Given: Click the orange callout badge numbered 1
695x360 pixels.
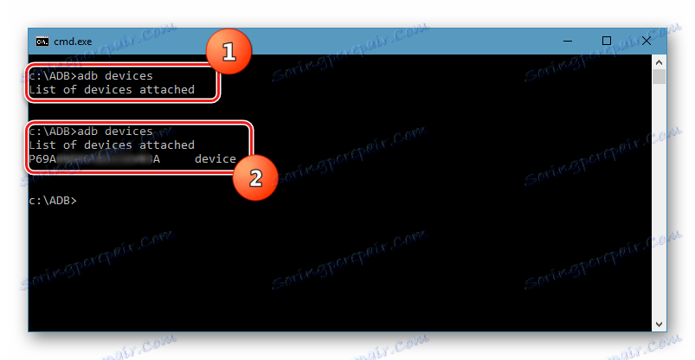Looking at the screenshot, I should (228, 53).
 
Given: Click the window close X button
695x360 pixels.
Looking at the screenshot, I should (645, 41).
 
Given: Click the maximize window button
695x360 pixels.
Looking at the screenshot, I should (607, 41).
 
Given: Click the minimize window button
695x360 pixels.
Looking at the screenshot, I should (568, 41).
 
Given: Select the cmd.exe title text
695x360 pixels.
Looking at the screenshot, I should (74, 41).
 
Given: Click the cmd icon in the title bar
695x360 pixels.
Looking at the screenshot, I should (41, 41).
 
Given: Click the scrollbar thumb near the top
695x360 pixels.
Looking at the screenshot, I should (660, 78).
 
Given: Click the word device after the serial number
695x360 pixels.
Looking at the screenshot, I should (215, 159).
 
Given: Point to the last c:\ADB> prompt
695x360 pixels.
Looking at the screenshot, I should (52, 201).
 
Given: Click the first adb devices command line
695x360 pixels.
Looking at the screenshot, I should (91, 76).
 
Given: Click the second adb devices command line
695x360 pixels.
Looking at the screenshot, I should (91, 132).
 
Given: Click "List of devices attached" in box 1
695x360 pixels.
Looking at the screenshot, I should (112, 90).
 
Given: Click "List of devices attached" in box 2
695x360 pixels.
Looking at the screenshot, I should (112, 145).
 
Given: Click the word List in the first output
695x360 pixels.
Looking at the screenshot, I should (42, 90).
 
